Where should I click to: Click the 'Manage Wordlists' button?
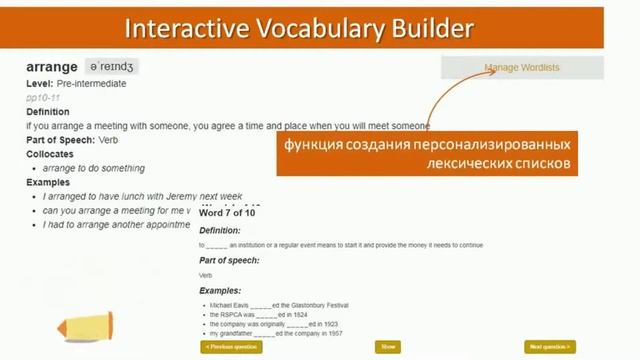[522, 68]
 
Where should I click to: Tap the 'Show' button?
[388, 347]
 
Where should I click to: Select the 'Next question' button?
[550, 347]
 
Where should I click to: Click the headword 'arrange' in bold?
[53, 67]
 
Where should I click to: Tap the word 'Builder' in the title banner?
[432, 27]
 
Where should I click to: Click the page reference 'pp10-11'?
[44, 98]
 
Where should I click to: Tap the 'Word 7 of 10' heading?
[227, 213]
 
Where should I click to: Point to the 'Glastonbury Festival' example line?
[279, 305]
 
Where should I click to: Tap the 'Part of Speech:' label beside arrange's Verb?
[61, 140]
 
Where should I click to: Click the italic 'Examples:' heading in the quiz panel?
[221, 290]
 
